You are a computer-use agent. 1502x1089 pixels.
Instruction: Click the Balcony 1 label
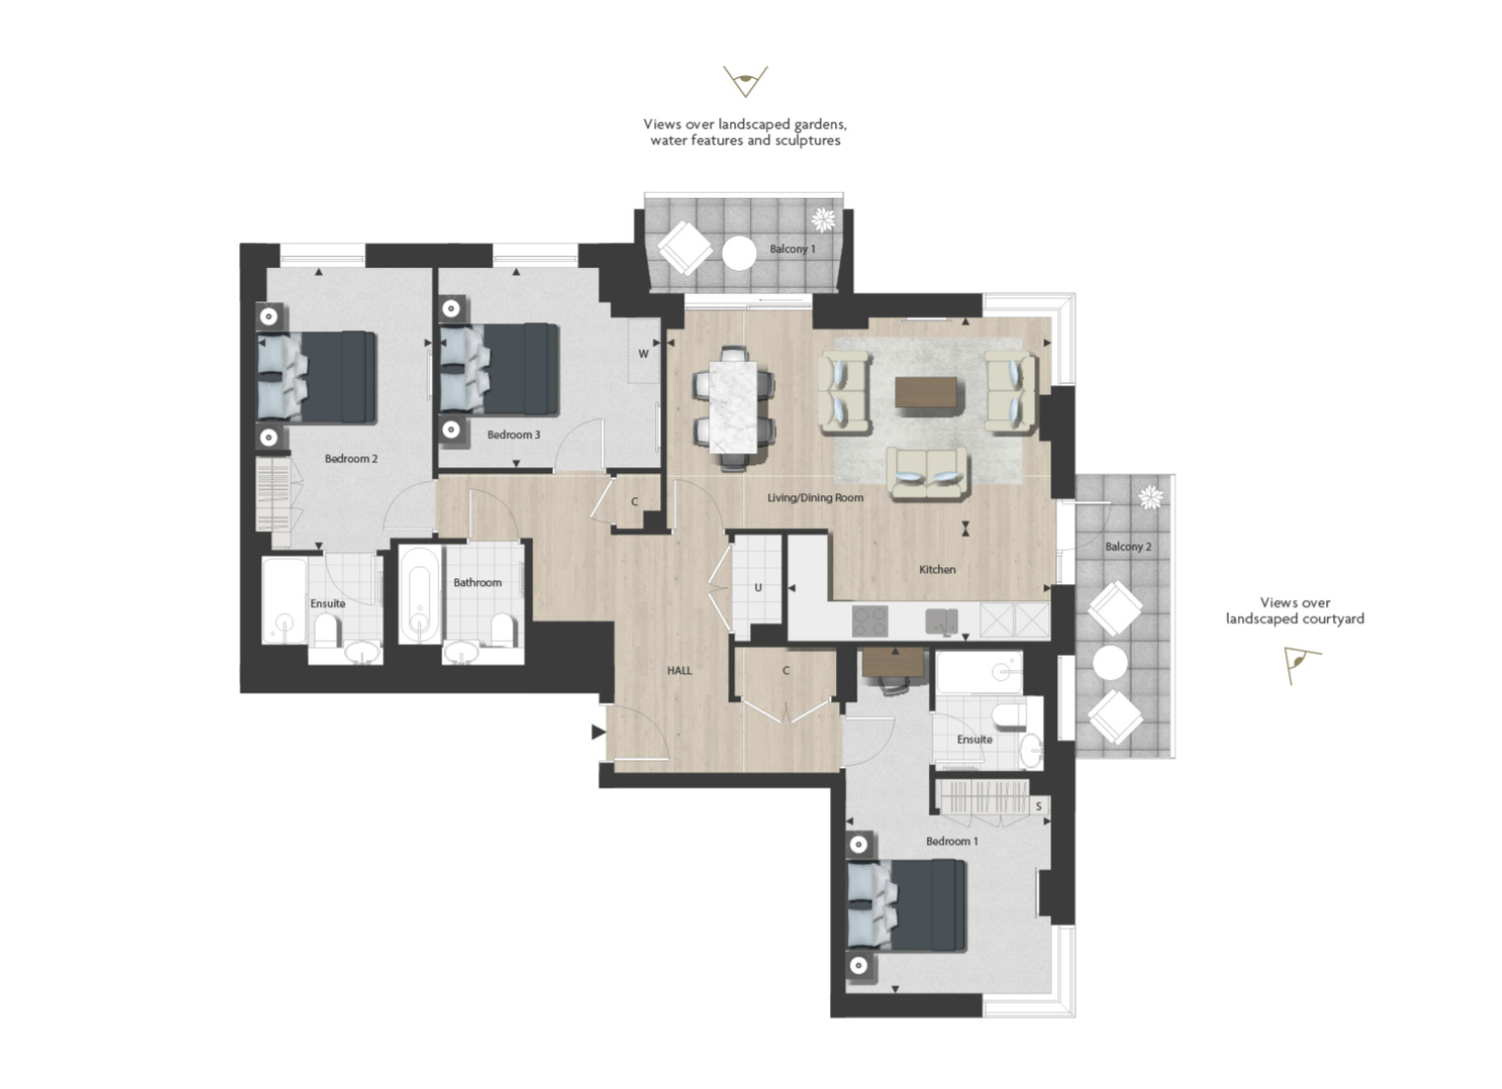[793, 249]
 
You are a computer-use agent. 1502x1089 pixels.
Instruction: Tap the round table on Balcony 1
[739, 254]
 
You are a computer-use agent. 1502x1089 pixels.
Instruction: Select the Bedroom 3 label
[514, 435]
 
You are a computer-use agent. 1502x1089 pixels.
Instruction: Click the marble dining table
[733, 406]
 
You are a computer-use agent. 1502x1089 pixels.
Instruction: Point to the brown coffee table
[926, 392]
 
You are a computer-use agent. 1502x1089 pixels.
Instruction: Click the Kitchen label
[938, 569]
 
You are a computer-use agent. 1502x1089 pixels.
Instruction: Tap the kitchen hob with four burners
[870, 621]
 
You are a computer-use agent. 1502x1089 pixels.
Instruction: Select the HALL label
[679, 671]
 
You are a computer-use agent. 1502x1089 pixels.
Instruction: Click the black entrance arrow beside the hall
[598, 732]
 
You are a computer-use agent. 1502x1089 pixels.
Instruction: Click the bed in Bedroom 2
[316, 377]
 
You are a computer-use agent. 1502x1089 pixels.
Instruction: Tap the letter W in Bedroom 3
[643, 354]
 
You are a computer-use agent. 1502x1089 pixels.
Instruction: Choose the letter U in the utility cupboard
[758, 587]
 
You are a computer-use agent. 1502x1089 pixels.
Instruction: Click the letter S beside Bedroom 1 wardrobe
[1039, 806]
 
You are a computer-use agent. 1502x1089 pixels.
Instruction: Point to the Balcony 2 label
[1128, 546]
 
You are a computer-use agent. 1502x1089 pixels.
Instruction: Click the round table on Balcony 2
[1111, 663]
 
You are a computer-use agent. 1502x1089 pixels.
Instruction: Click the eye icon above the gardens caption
[745, 82]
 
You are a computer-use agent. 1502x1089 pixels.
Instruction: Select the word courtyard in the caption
[1329, 619]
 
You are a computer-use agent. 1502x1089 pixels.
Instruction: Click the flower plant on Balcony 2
[1150, 497]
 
